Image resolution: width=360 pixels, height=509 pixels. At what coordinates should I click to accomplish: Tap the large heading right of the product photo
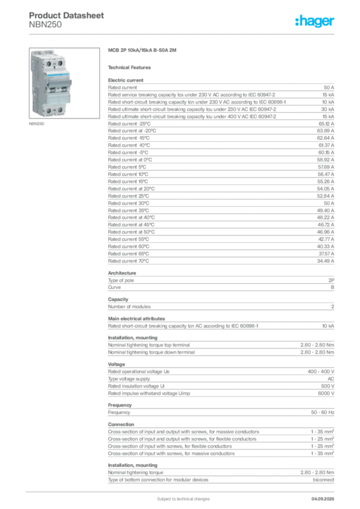point(142,51)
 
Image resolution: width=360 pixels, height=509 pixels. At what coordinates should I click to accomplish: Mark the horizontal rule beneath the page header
point(182,34)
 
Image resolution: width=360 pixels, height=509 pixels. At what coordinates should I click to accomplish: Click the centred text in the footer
point(177,496)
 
